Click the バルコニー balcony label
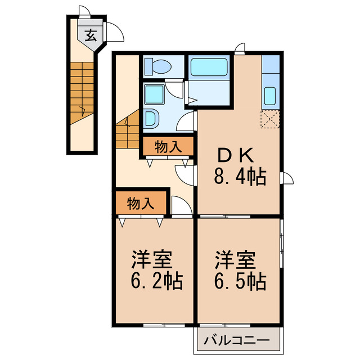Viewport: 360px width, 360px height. (x=237, y=340)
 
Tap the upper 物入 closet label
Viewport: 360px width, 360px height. (x=167, y=147)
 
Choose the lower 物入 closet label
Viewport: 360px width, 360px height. (x=140, y=204)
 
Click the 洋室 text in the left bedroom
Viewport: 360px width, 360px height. (x=151, y=259)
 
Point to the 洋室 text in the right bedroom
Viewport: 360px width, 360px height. (x=235, y=259)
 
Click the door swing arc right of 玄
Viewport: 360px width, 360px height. (x=115, y=31)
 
